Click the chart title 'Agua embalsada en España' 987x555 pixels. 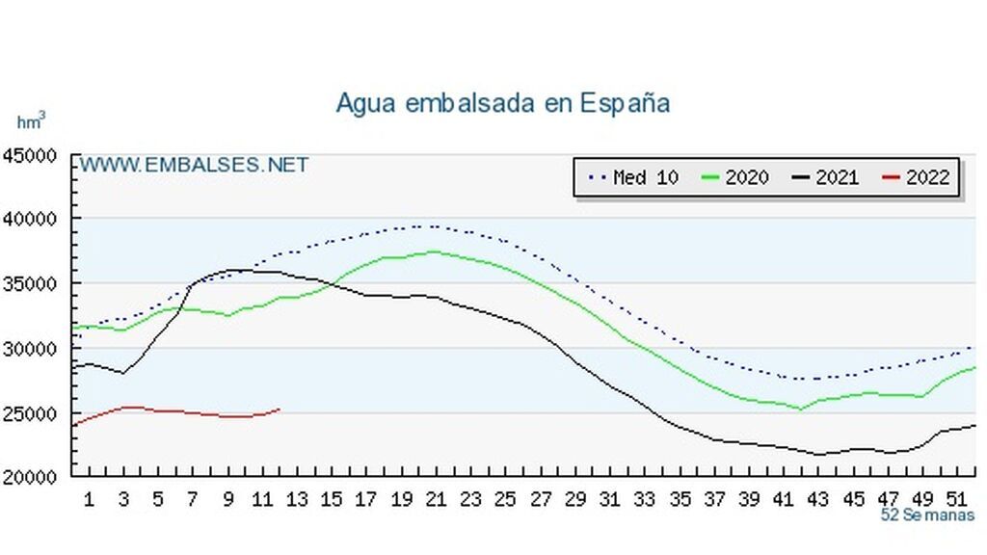(502, 103)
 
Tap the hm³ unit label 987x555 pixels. (31, 122)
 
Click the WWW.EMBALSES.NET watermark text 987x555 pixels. (194, 165)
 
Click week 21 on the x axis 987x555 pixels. (435, 499)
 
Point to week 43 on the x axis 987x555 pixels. (817, 499)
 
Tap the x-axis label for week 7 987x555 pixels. (193, 499)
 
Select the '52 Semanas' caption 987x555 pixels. (927, 515)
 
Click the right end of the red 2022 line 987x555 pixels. (280, 409)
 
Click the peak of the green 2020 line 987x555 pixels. (434, 251)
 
